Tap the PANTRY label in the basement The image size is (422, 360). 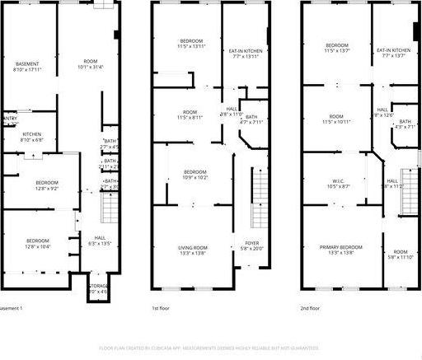coord(9,119)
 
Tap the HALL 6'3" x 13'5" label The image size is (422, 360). coord(98,241)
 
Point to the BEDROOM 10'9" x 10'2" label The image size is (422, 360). coord(195,174)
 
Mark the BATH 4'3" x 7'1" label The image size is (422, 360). coord(404,124)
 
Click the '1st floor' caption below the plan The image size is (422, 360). coord(162,308)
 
